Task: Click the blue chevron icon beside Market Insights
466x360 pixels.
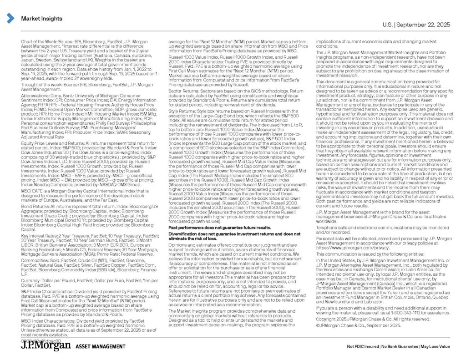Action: (10, 18)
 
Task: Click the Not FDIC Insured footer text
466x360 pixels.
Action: (364, 347)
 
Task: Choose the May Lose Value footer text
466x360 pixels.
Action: (435, 347)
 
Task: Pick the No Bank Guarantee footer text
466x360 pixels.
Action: (400, 347)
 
